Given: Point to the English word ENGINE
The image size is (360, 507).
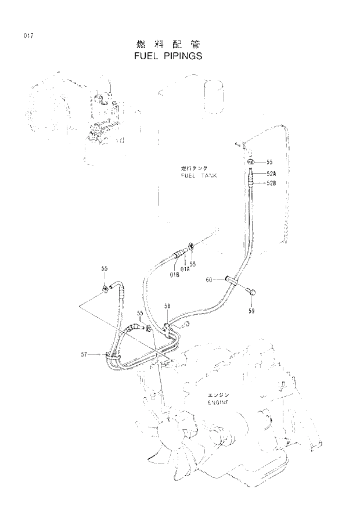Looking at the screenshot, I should tap(218, 402).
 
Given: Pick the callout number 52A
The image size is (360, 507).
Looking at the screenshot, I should tap(271, 173).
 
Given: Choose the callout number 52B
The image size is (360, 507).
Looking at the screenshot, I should tap(271, 184).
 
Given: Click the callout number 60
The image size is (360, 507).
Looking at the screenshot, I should tap(210, 280).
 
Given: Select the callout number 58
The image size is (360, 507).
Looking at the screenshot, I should tap(167, 305).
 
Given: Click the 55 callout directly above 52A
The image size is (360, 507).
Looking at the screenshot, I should tap(269, 162).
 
